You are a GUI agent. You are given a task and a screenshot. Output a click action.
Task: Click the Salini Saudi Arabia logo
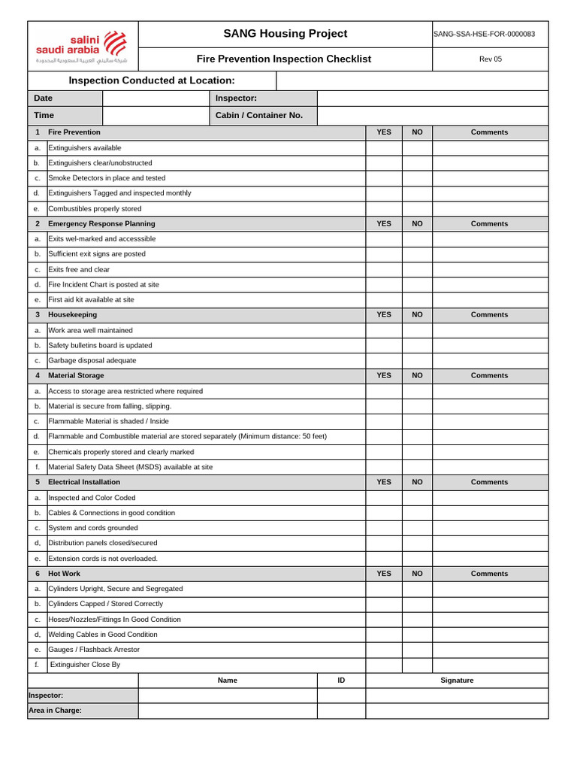[83, 46]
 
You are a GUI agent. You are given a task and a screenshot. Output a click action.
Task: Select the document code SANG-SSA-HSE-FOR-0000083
[489, 35]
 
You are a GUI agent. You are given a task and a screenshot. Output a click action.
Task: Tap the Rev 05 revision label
[490, 59]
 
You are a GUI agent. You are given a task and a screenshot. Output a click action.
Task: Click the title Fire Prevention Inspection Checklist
[283, 59]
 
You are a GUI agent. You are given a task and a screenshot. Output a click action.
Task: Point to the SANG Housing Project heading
[285, 34]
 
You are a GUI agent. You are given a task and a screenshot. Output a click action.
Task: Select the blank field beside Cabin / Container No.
[432, 116]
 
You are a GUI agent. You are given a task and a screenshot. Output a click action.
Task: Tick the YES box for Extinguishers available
[384, 148]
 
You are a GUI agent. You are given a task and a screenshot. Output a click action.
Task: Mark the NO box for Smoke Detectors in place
[417, 178]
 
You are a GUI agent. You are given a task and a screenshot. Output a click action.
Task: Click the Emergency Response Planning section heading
[101, 224]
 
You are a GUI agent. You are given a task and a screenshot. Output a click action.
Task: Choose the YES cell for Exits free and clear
[384, 269]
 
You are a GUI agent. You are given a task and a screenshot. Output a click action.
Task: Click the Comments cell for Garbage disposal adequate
[489, 361]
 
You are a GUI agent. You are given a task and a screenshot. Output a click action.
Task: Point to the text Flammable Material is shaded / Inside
[108, 422]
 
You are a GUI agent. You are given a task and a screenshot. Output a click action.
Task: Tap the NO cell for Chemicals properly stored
[417, 452]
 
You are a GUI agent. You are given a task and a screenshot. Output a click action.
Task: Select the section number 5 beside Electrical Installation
[38, 482]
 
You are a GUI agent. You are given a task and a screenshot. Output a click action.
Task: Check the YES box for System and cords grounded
[384, 528]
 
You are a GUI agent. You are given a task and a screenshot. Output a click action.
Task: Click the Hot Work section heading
[64, 574]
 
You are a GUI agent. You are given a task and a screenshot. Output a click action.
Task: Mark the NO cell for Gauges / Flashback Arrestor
[417, 650]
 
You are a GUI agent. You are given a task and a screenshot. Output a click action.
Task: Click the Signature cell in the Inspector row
[457, 696]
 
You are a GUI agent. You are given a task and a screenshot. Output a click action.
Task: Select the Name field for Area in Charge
[227, 711]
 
